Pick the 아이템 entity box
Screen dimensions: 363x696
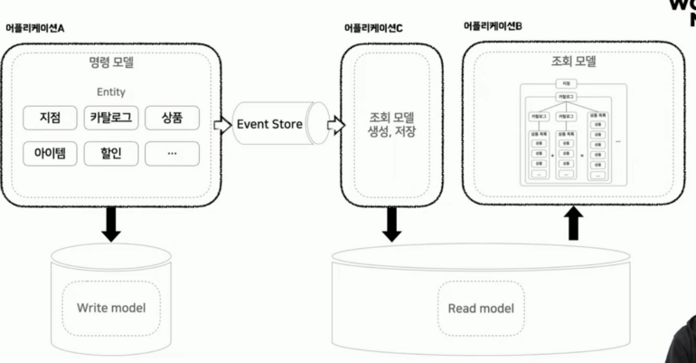(51, 153)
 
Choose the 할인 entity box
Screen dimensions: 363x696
(111, 153)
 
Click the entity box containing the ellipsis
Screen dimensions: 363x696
(172, 153)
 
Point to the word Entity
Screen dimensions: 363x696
(111, 92)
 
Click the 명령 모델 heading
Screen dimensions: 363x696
(111, 64)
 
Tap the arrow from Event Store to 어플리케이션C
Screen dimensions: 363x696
(335, 125)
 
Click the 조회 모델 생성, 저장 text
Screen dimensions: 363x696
(391, 125)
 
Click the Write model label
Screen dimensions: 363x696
(111, 309)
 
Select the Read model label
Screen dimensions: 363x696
(481, 309)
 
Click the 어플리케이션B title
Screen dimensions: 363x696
(493, 26)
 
